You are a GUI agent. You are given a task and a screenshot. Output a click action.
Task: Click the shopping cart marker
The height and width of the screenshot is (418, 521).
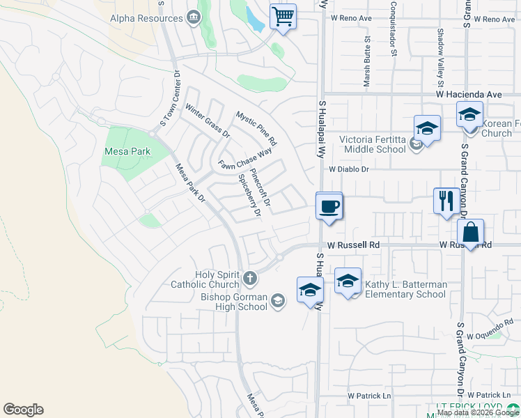click(283, 16)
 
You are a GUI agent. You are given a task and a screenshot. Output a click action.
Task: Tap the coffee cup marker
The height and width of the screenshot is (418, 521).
click(329, 207)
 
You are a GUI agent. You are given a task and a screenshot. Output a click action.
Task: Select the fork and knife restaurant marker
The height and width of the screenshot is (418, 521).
click(444, 201)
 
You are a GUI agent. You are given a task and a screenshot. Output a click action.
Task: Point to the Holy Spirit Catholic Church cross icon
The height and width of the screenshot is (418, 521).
click(250, 279)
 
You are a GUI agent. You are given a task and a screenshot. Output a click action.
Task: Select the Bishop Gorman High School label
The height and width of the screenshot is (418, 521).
click(234, 302)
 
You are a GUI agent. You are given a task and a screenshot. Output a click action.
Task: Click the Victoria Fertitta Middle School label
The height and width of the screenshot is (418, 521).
click(372, 144)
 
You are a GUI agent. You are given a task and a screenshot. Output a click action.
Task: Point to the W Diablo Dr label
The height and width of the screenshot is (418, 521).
click(348, 169)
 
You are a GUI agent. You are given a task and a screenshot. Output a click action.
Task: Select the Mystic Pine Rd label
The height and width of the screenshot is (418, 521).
click(256, 128)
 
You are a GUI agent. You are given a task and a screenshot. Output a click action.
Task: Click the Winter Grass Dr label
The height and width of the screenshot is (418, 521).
click(207, 121)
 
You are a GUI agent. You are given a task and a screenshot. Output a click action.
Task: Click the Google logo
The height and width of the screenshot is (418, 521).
click(24, 410)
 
